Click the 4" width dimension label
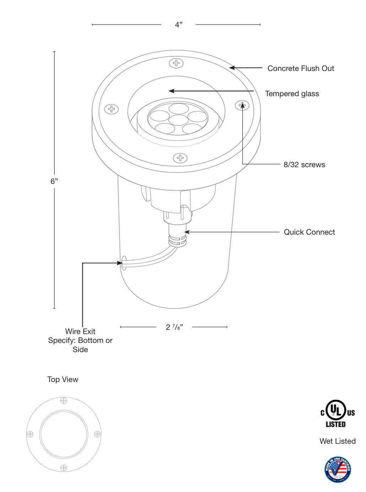[178, 24]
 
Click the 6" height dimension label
[54, 181]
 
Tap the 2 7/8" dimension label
[174, 327]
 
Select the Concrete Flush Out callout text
[301, 69]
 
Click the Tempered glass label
[292, 94]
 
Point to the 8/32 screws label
[304, 165]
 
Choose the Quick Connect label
[309, 232]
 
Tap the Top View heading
[63, 379]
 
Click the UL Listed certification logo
[337, 414]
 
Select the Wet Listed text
[337, 441]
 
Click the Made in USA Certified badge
[338, 469]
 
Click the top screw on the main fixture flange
[176, 63]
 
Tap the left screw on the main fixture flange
[111, 109]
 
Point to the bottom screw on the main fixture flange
[180, 158]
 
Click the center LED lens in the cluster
[178, 120]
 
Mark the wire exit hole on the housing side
[124, 263]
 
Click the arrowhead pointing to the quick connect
[186, 232]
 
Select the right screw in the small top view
[97, 434]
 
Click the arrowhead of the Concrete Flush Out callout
[231, 67]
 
